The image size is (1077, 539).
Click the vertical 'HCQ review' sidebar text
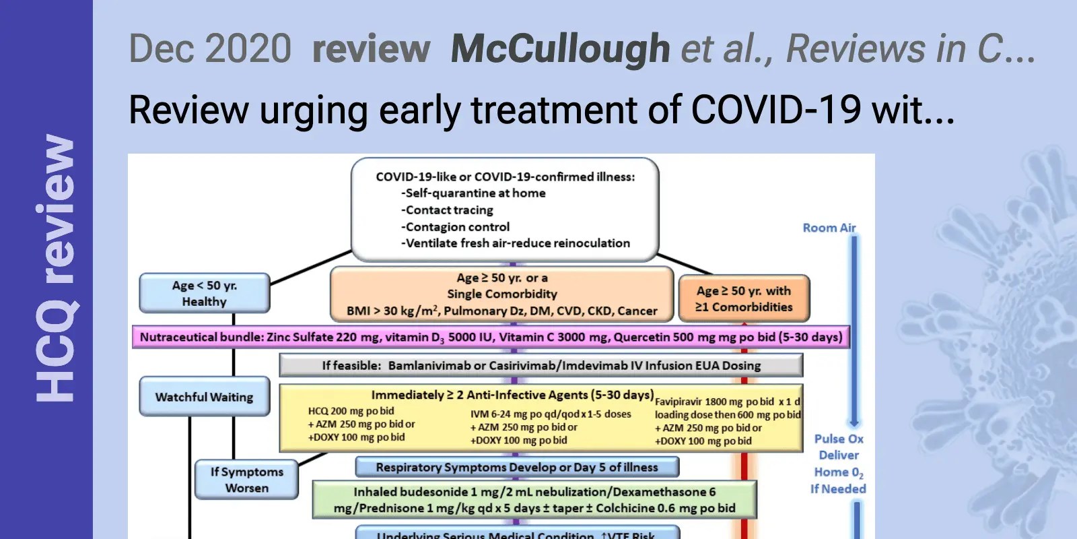point(55,269)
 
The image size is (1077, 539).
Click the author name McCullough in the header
point(560,49)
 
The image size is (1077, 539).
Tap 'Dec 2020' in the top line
point(210,49)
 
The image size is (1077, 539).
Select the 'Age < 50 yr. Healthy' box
point(205,294)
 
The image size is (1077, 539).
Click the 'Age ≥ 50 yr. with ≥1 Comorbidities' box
point(744,299)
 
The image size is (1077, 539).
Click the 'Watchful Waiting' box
point(205,398)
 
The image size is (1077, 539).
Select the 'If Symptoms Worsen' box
point(246,480)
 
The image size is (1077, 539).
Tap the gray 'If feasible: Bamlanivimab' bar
point(541,366)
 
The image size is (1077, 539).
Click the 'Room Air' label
point(829,228)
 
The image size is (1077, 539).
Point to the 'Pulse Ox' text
point(839,439)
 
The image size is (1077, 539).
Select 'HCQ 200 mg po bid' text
point(351,411)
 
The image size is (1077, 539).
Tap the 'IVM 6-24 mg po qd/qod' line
point(551,414)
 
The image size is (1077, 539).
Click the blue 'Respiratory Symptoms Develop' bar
point(517,467)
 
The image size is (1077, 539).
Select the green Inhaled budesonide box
point(534,500)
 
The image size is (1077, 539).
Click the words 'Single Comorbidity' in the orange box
point(502,294)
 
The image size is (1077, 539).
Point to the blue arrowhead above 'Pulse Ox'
point(854,422)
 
